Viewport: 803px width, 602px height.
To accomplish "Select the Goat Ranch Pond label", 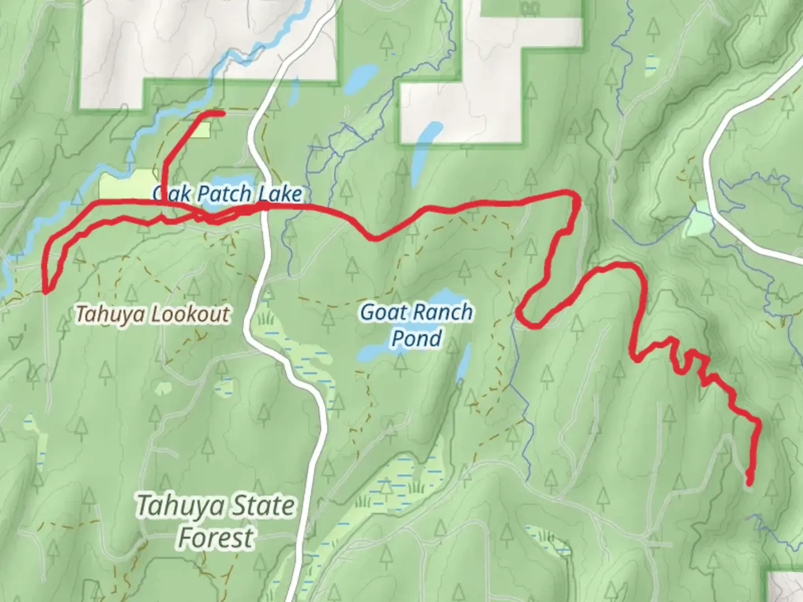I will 417,324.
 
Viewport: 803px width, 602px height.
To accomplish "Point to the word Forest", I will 215,538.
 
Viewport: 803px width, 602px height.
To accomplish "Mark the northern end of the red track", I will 222,114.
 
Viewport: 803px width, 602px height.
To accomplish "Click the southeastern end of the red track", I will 749,483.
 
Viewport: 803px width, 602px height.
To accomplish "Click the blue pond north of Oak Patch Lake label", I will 360,80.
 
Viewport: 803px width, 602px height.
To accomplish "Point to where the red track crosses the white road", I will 264,207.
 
